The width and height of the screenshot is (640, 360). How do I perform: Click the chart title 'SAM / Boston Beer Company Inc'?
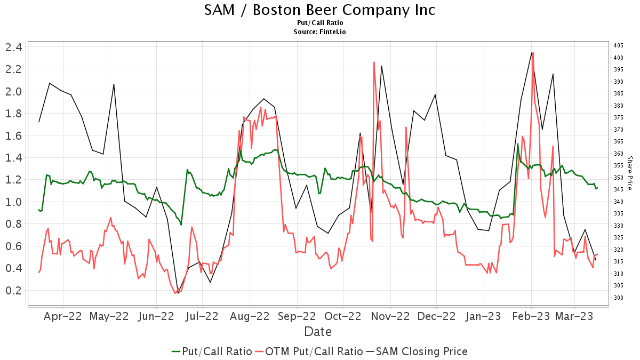tap(319, 10)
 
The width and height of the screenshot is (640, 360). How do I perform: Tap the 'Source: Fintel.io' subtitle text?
tap(319, 32)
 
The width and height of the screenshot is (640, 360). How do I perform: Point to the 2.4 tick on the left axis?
tap(13, 47)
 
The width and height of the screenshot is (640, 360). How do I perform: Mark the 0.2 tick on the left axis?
tap(13, 291)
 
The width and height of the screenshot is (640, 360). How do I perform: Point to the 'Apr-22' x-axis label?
tap(63, 316)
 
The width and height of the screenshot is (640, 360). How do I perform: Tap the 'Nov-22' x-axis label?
tap(391, 316)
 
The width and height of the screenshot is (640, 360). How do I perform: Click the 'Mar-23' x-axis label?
tap(575, 316)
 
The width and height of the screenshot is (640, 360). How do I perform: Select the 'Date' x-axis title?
tap(318, 332)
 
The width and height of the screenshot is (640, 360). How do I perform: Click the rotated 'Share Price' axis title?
tap(629, 173)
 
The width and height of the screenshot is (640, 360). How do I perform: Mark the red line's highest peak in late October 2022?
tap(374, 62)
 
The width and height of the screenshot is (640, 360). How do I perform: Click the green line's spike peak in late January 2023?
tap(518, 144)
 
